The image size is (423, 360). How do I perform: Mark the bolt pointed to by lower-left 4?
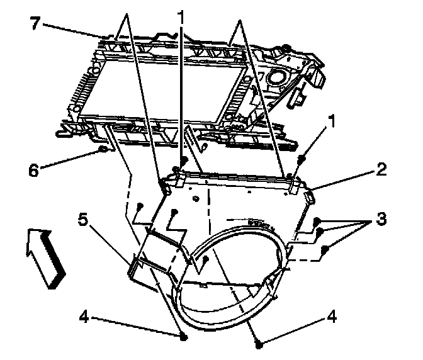tap(184, 337)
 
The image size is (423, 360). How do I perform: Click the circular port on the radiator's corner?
tap(275, 77)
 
